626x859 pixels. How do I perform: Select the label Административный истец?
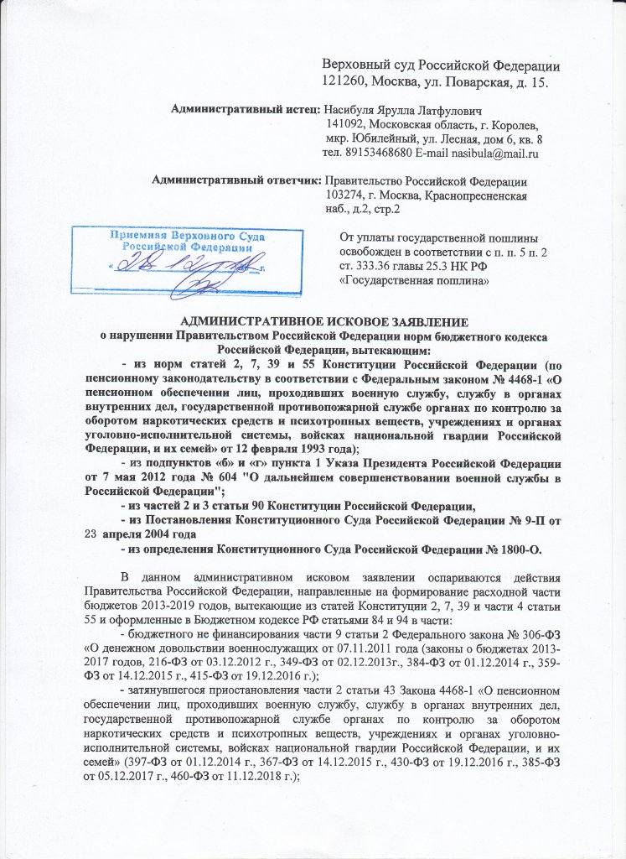pos(245,110)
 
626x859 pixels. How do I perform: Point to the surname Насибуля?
pos(354,110)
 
